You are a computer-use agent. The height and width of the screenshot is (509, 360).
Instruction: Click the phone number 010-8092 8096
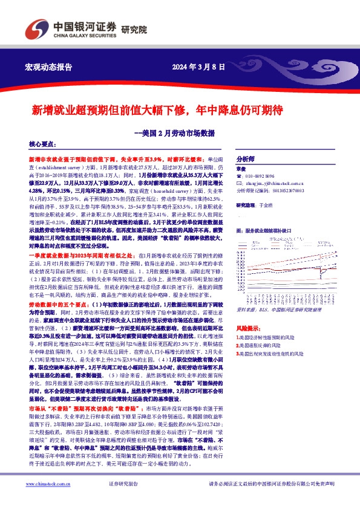(266, 176)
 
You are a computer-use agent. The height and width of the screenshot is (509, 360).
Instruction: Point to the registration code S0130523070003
(284, 189)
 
